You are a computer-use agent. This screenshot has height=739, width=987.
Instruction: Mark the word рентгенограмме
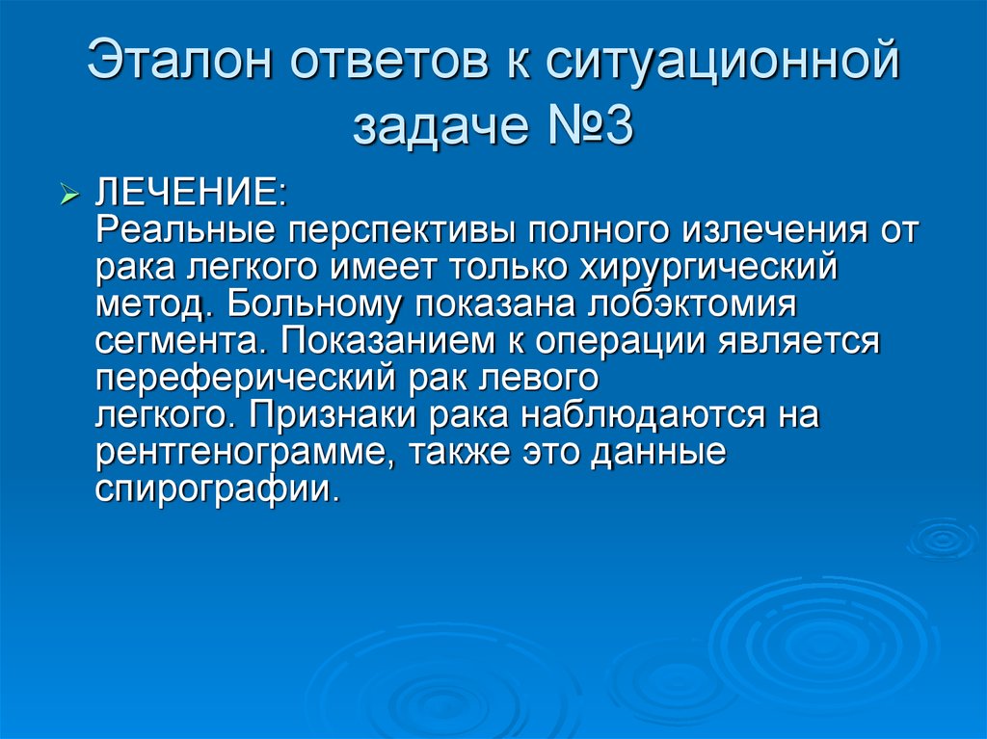tap(239, 451)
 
